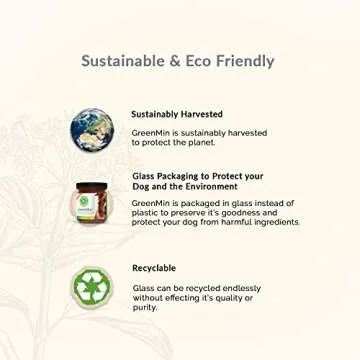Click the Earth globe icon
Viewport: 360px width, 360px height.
point(93,129)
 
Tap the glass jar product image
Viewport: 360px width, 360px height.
point(92,203)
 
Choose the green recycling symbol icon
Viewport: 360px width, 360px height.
point(93,287)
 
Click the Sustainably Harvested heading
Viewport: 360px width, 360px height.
point(177,115)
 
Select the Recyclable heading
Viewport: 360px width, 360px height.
point(154,268)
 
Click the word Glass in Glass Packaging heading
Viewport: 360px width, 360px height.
point(143,176)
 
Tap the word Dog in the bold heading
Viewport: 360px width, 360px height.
point(141,187)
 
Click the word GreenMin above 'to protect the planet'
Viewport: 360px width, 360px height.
point(151,133)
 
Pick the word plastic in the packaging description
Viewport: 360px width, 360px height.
point(145,213)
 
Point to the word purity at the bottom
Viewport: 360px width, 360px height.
point(144,307)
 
